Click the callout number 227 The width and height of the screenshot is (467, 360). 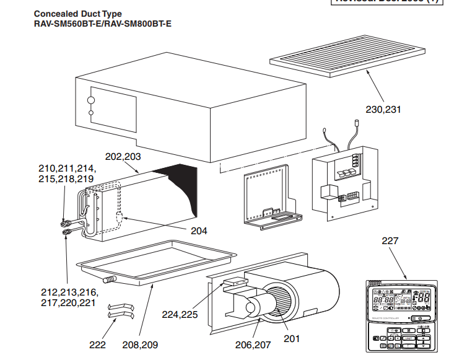(x=390, y=240)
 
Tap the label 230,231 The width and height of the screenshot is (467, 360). (x=383, y=110)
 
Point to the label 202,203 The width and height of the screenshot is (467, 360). (x=123, y=157)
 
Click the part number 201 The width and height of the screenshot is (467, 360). (x=292, y=338)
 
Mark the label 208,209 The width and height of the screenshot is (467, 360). (x=141, y=345)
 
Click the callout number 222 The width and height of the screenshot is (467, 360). (x=97, y=345)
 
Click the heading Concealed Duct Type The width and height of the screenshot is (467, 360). (x=78, y=14)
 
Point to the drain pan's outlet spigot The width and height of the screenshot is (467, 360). (x=111, y=279)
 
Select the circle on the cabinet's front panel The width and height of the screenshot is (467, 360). (x=90, y=99)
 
